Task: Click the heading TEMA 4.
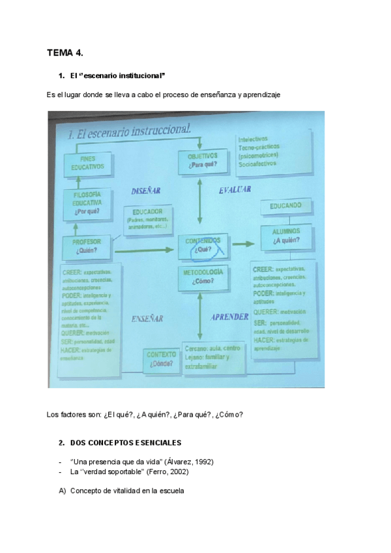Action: pyautogui.click(x=65, y=53)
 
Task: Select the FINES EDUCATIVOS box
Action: pyautogui.click(x=88, y=163)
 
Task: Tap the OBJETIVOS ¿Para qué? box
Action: pyautogui.click(x=202, y=160)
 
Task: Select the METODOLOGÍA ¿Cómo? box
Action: pyautogui.click(x=204, y=276)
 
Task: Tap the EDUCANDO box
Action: pyautogui.click(x=285, y=206)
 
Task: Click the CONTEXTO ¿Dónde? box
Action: pyautogui.click(x=162, y=359)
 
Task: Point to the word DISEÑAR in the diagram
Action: pyautogui.click(x=146, y=191)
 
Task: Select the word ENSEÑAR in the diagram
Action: pyautogui.click(x=146, y=319)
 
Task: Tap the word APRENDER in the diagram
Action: pyautogui.click(x=229, y=317)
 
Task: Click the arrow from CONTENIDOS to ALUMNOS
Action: pyautogui.click(x=243, y=243)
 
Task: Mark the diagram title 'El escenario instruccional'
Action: pyautogui.click(x=128, y=130)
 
